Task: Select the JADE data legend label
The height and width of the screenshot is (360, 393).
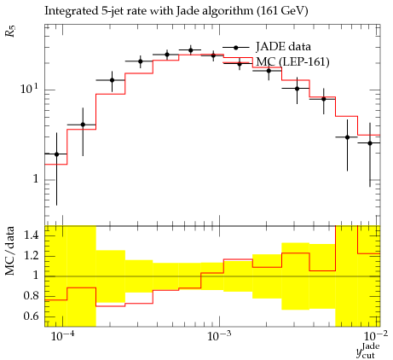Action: click(x=283, y=46)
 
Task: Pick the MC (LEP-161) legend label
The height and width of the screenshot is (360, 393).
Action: click(x=292, y=61)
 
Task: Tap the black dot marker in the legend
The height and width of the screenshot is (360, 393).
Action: click(x=235, y=48)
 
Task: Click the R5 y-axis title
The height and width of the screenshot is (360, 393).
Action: click(x=11, y=32)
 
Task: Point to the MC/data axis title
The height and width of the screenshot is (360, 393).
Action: click(x=10, y=251)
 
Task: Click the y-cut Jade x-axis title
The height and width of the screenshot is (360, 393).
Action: click(x=368, y=351)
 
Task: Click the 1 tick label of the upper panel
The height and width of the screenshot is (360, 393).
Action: click(x=36, y=179)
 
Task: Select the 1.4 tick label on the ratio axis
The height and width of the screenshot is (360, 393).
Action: click(x=31, y=235)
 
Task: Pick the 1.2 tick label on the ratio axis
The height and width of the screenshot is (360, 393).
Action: click(x=31, y=255)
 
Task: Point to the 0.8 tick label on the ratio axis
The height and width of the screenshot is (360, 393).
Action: click(x=31, y=296)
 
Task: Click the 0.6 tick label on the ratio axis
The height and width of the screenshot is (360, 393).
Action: click(x=31, y=316)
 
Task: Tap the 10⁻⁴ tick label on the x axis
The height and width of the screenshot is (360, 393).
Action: click(x=62, y=336)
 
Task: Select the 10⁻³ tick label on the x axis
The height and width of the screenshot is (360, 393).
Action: click(x=219, y=336)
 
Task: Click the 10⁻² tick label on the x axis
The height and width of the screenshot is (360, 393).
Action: click(x=376, y=336)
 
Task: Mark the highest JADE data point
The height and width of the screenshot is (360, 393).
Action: click(x=191, y=50)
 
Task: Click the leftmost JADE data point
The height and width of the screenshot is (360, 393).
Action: click(x=56, y=154)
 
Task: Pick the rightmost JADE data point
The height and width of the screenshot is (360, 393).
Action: click(x=370, y=143)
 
